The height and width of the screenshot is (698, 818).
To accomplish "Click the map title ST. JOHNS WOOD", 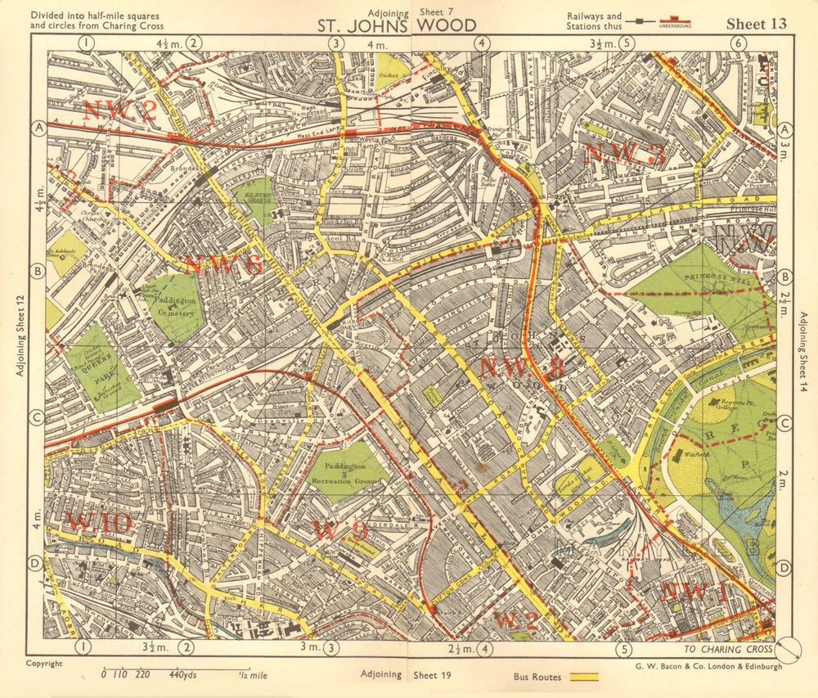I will pyautogui.click(x=397, y=25).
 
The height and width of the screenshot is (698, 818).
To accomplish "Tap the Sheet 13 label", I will pyautogui.click(x=756, y=24).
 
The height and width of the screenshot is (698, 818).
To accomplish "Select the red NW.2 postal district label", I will pyautogui.click(x=119, y=110).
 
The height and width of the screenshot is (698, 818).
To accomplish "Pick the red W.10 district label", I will pyautogui.click(x=99, y=522).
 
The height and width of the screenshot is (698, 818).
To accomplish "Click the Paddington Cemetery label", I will pyautogui.click(x=173, y=308).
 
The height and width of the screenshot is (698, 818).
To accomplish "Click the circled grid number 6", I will pyautogui.click(x=738, y=43).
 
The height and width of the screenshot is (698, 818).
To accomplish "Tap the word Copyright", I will pyautogui.click(x=44, y=664).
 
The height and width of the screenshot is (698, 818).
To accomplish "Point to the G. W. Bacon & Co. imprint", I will pyautogui.click(x=708, y=666).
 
